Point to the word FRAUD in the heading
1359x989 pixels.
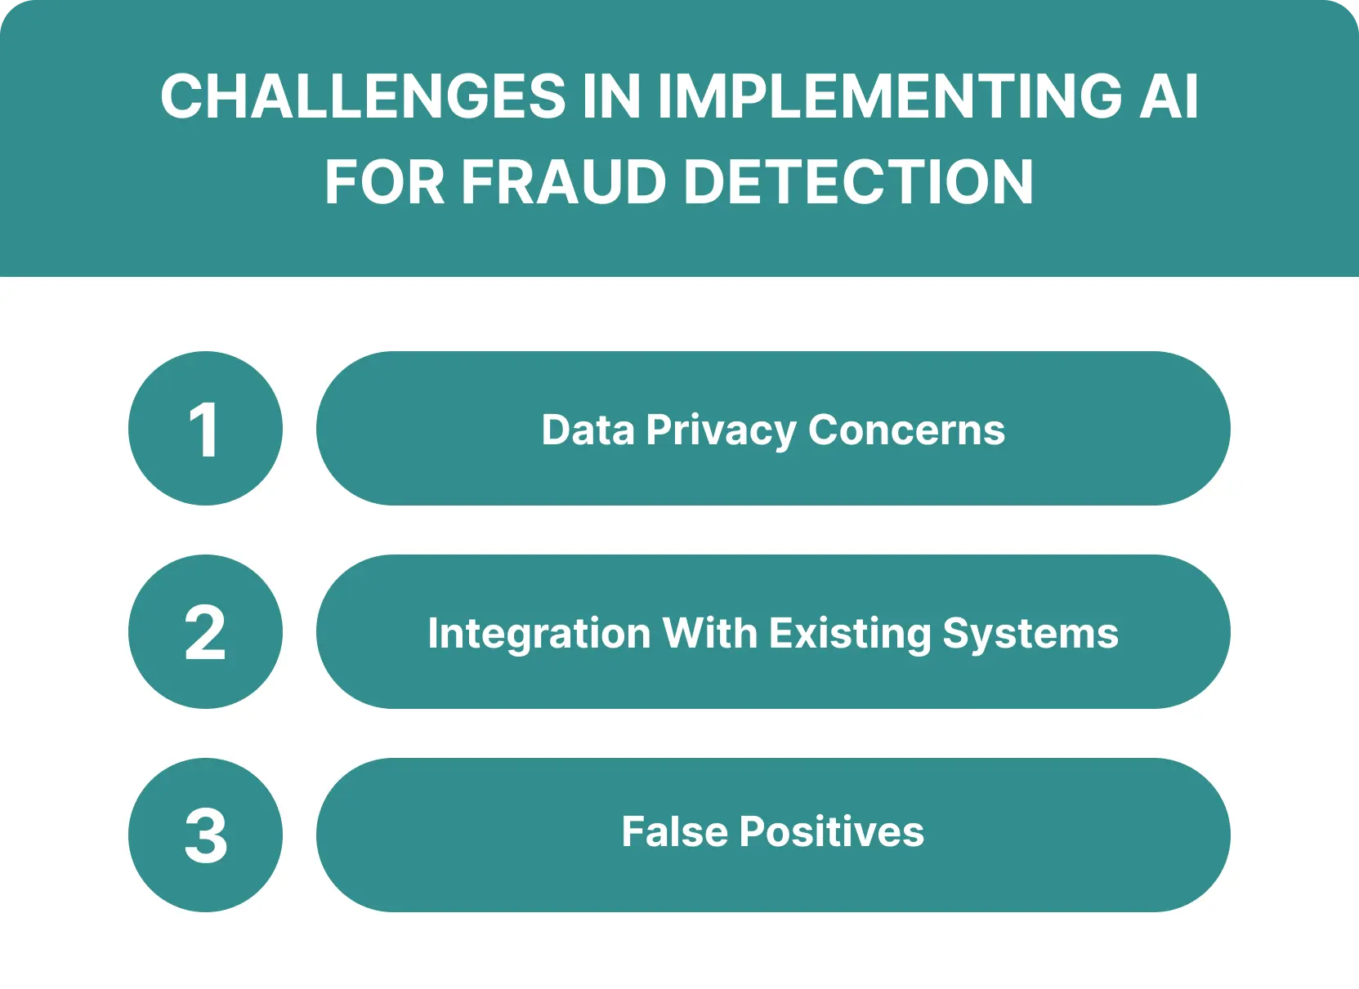[x=565, y=182]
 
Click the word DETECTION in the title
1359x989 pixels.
[x=859, y=182]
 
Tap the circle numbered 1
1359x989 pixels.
[x=205, y=429]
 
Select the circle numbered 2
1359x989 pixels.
[x=205, y=632]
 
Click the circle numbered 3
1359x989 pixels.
[x=205, y=835]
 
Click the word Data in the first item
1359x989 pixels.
[x=588, y=430]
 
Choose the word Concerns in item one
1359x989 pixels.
[x=906, y=430]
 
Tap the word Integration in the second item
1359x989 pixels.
[x=539, y=635]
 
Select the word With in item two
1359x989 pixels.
[x=709, y=633]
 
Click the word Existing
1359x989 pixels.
[x=850, y=635]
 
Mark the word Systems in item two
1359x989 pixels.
[x=1030, y=635]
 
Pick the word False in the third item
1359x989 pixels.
[x=674, y=832]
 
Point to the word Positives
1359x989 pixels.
[x=831, y=832]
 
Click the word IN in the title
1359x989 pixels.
[x=611, y=96]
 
